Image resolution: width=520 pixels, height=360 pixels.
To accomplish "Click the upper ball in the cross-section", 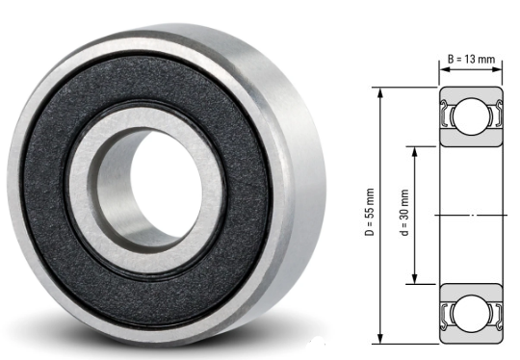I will [x=469, y=116].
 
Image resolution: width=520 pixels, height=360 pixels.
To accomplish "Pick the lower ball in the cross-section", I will [x=469, y=313].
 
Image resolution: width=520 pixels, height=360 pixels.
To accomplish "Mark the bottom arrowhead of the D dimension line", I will [x=382, y=339].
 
